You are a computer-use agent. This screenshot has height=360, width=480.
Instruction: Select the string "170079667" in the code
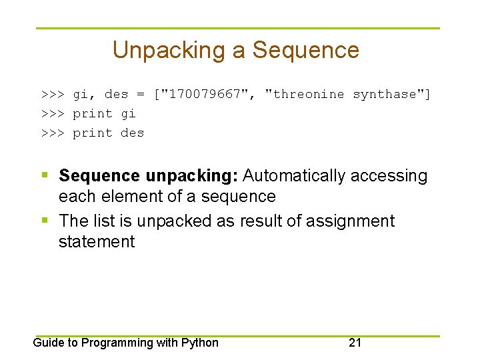coord(205,94)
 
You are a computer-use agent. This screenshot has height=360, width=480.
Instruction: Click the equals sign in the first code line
coord(140,94)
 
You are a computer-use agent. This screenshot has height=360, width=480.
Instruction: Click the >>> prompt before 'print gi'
coord(53,113)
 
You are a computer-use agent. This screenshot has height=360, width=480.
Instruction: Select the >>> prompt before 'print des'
coord(53,133)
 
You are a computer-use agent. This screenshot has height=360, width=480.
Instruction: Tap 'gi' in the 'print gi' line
coord(128,113)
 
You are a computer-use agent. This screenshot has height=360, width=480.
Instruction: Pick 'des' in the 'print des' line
coord(132,133)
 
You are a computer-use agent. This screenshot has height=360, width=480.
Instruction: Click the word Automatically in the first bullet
coord(294,176)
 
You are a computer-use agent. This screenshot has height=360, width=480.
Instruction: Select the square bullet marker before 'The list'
coord(45,219)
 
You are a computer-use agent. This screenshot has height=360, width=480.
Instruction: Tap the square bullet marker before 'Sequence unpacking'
coord(45,175)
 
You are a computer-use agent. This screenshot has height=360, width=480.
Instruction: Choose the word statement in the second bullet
coord(97,241)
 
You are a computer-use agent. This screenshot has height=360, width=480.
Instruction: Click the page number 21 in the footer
coord(355,343)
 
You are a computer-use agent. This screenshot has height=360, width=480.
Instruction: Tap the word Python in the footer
coord(201,343)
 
